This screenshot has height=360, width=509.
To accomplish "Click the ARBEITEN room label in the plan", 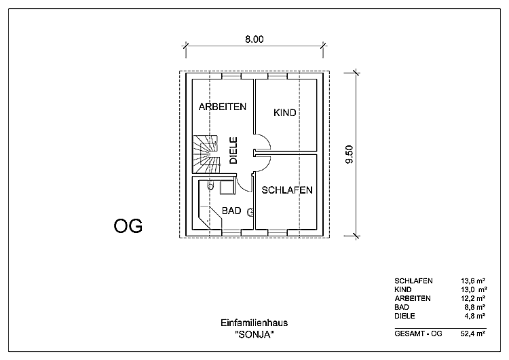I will [x=222, y=107].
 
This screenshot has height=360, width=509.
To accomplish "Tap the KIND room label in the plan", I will [x=285, y=113].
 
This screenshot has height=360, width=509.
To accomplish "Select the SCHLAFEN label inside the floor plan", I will [x=287, y=190].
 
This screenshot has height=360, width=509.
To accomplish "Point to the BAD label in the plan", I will [x=231, y=211].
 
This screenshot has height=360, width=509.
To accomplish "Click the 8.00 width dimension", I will [x=254, y=39].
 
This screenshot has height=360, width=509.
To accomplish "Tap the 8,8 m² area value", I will [x=474, y=307].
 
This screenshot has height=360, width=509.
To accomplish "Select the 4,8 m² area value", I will [x=474, y=316].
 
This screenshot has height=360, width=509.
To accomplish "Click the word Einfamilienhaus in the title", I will [x=254, y=323].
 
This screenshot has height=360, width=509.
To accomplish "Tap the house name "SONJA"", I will [x=254, y=334].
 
